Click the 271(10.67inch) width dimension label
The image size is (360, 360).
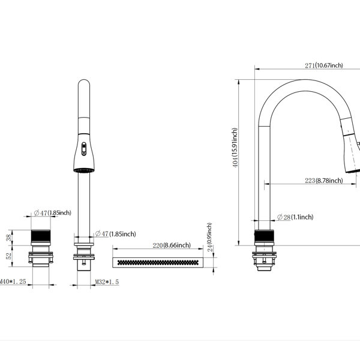(x=324, y=65)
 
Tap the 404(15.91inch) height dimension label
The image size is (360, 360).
(x=235, y=148)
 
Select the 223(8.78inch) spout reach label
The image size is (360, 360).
(x=324, y=181)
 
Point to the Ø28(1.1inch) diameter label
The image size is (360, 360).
(x=295, y=217)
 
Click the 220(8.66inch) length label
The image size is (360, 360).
(x=172, y=245)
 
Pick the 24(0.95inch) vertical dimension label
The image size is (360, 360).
(x=210, y=237)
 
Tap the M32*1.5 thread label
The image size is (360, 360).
(x=107, y=282)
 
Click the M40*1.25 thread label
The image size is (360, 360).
(x=13, y=281)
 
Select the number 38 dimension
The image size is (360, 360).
(x=9, y=238)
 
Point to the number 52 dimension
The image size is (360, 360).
(x=9, y=256)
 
